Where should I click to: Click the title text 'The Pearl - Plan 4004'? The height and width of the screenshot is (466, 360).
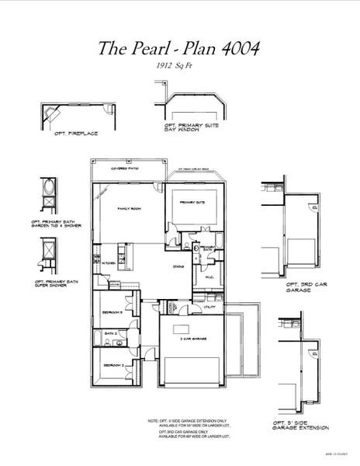coord(178,47)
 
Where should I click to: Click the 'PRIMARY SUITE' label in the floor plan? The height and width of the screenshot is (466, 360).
coord(192,202)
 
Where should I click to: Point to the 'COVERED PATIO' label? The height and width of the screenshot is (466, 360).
coord(127,167)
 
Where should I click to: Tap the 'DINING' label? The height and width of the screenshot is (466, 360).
coord(177,266)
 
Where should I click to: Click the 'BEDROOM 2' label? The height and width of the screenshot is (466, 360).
coord(111,364)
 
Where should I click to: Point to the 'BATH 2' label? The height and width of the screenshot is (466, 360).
coord(109,333)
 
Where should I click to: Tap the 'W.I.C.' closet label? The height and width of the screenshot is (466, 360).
coord(210,277)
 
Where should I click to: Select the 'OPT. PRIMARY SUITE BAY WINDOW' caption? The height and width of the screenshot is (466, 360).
coord(187,126)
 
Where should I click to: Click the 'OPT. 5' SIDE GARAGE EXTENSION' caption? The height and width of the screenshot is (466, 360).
coord(301,428)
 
